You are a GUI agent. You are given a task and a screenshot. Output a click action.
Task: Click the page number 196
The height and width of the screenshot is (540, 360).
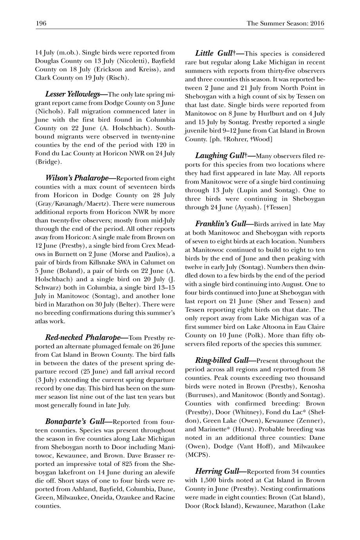click(x=41, y=23)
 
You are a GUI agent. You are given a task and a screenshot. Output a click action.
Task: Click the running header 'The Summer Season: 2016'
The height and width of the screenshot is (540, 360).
click(x=285, y=23)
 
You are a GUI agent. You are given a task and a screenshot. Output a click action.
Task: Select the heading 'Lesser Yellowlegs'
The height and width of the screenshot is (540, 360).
click(x=76, y=94)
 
